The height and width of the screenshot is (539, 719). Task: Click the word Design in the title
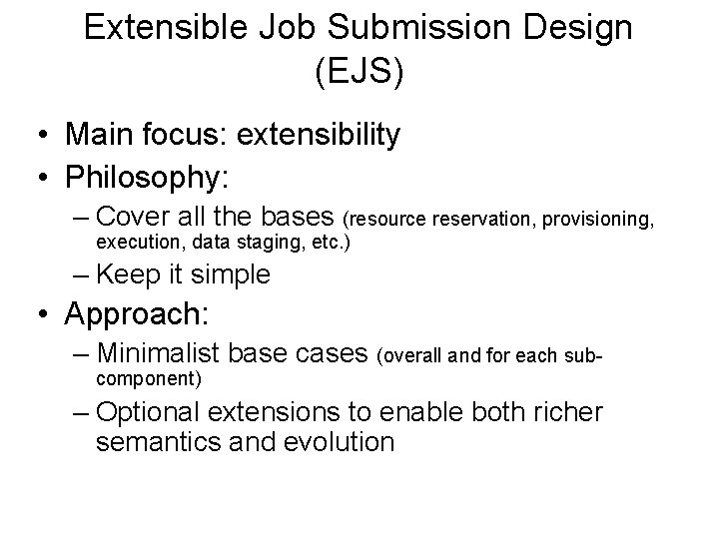579,27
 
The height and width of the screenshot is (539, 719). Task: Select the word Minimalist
161,352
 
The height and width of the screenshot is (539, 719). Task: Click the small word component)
149,379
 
